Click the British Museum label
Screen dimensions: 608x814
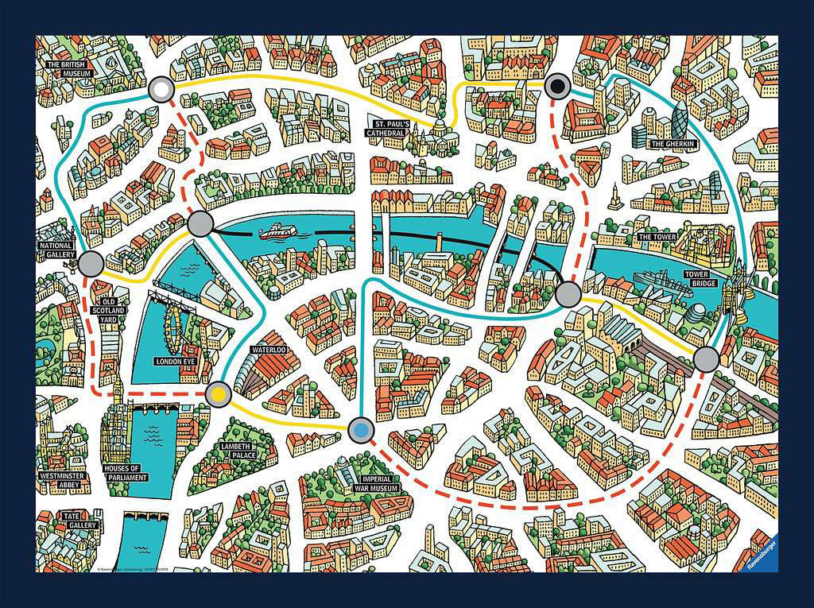[x=70, y=68]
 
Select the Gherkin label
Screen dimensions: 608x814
[x=673, y=144]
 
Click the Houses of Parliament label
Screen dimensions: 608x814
[x=126, y=473]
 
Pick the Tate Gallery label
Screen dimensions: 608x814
[x=80, y=520]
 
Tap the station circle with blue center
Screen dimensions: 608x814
[x=361, y=430]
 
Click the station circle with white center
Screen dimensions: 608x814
[x=162, y=90]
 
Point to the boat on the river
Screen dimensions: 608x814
[x=278, y=231]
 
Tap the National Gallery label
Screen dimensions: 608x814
[x=56, y=251]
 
